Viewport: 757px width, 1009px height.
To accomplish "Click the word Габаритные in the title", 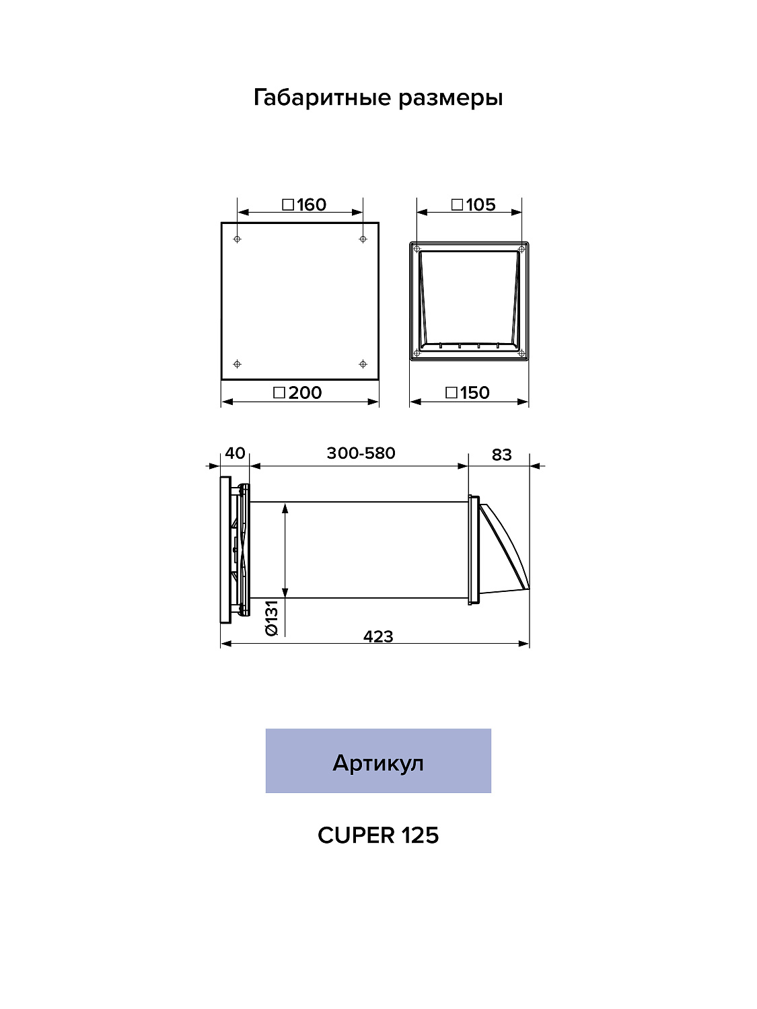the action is pos(323,98).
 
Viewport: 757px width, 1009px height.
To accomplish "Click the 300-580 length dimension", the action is pos(361,453).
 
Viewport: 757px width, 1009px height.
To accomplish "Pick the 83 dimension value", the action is pos(501,455).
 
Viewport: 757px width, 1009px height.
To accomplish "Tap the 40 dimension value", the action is pos(235,453).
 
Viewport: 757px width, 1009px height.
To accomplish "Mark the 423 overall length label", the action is pos(378,636).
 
